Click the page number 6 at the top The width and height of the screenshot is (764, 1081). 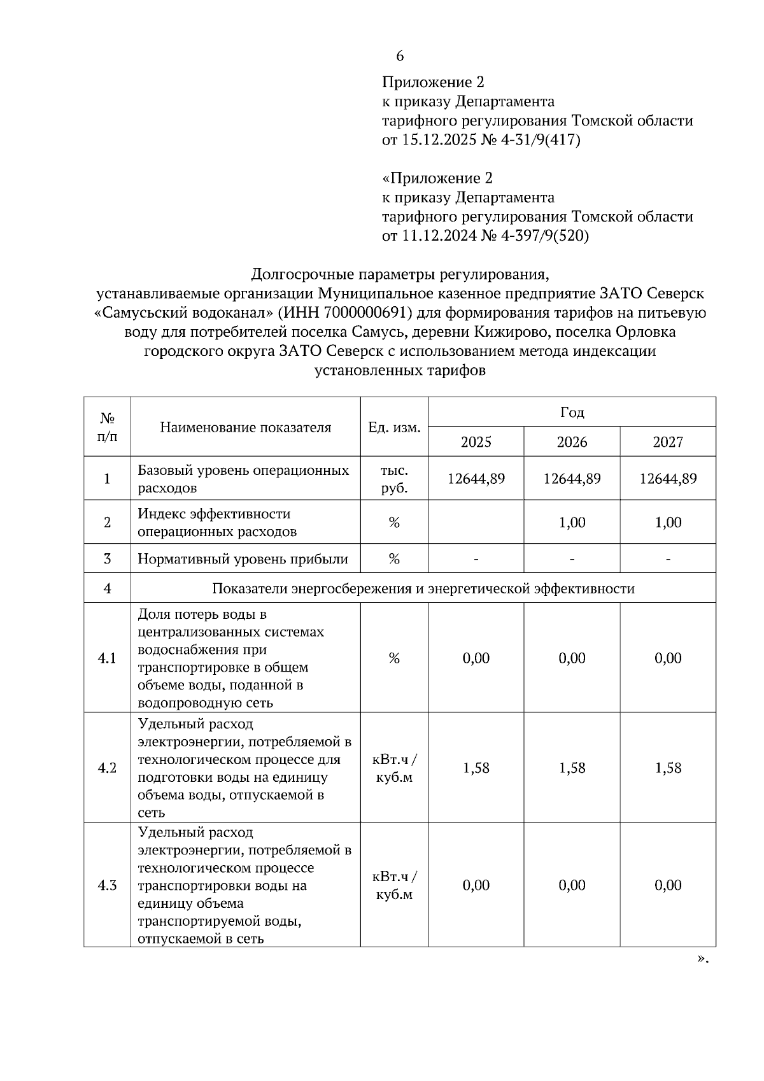[x=399, y=56]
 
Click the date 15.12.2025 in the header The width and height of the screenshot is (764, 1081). [x=440, y=140]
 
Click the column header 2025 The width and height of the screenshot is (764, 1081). [x=476, y=442]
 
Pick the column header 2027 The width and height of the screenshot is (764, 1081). [x=667, y=442]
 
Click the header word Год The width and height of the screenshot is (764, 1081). [x=572, y=413]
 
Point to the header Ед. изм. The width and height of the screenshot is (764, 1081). [x=394, y=427]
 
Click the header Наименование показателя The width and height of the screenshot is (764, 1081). [x=245, y=427]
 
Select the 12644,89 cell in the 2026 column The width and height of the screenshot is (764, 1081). [x=572, y=479]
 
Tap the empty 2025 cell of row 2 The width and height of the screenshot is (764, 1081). [x=476, y=523]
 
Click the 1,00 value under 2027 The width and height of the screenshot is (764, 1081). [x=667, y=523]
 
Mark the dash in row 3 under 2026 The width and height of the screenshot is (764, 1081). [x=572, y=560]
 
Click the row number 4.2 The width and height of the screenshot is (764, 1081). [x=107, y=768]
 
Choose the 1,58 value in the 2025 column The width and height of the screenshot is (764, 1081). [x=476, y=768]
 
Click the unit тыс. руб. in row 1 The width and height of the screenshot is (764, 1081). [x=394, y=479]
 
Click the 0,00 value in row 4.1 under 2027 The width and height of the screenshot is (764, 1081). [x=667, y=658]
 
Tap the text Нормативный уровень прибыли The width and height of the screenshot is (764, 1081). [x=243, y=560]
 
